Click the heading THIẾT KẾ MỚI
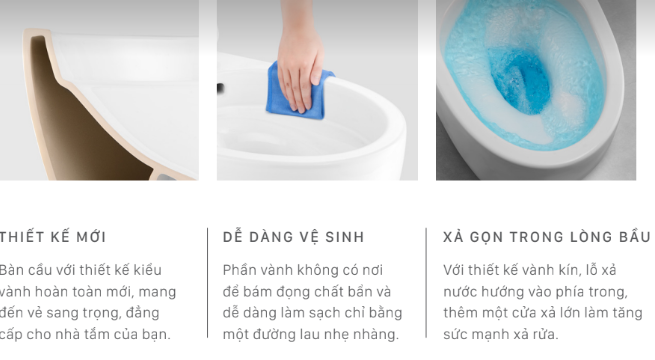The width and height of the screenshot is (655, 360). click(53, 237)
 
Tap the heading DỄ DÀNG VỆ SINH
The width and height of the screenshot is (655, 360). click(293, 237)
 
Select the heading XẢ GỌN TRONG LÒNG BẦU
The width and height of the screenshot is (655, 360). click(546, 237)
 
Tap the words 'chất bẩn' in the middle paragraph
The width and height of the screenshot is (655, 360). click(360, 291)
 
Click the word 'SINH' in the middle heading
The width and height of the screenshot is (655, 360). click(345, 237)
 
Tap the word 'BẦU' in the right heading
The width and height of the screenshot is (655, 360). click(633, 237)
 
